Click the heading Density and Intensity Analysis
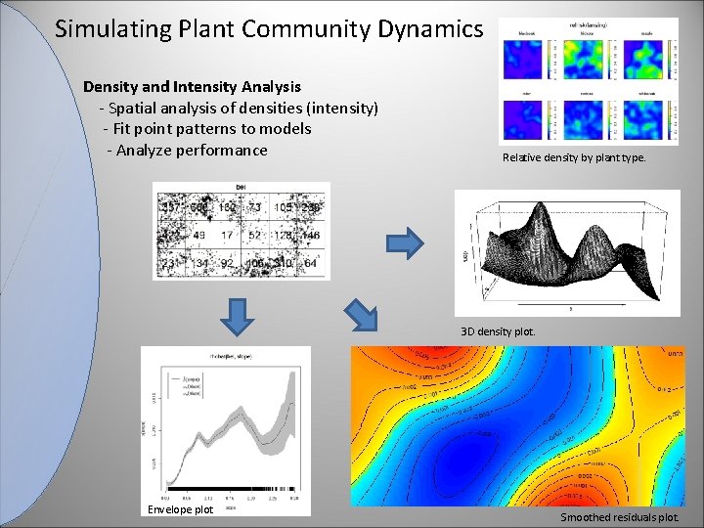tap(192, 87)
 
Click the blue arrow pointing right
tap(407, 242)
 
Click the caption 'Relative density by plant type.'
tap(574, 157)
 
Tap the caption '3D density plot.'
tap(499, 330)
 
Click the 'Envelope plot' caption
tap(180, 509)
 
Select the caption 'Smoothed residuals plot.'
tap(619, 517)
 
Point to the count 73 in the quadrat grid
tap(254, 208)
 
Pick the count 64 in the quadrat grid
tap(310, 262)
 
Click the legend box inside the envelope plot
tap(183, 383)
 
